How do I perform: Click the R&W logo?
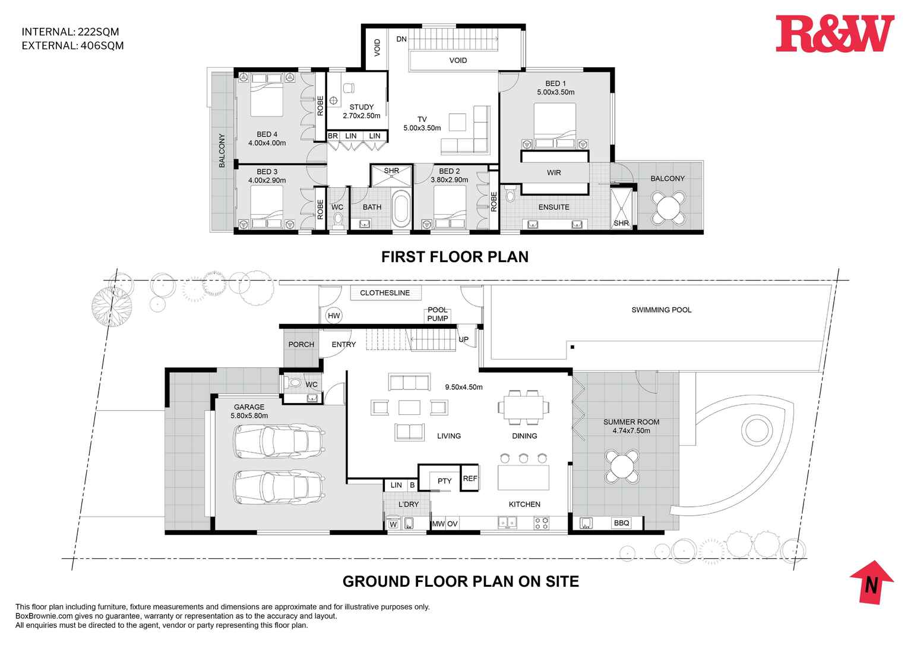(x=834, y=34)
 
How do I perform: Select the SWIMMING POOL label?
(x=661, y=310)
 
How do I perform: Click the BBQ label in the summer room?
(x=621, y=523)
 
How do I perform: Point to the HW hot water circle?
(x=334, y=316)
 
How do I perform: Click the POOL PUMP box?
(x=438, y=314)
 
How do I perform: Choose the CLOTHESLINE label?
(x=385, y=292)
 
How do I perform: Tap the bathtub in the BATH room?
(x=401, y=209)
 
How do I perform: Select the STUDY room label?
(x=361, y=108)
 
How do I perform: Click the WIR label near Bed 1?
(x=553, y=173)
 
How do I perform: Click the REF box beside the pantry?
(x=470, y=479)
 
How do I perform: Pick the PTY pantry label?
(x=444, y=481)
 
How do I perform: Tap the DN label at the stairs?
(x=401, y=39)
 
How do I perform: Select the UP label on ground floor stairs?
(x=463, y=339)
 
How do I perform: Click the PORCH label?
(x=301, y=344)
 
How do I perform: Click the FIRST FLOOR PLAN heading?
(x=454, y=257)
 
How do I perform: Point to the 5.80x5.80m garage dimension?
(x=249, y=416)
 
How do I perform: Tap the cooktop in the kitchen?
(x=542, y=523)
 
